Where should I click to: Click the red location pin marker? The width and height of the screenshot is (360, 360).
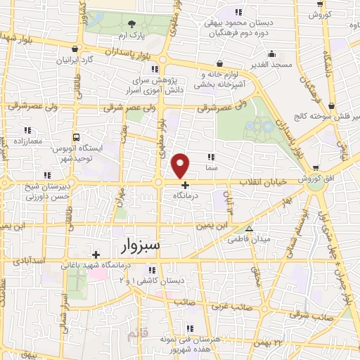pos(181,165)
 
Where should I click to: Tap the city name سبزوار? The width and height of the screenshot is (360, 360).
pos(136,245)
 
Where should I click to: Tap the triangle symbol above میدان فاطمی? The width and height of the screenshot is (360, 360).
pos(249,229)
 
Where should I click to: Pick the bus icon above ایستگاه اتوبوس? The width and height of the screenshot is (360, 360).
pos(76,138)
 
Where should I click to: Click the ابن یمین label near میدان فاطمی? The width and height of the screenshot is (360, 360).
pos(214,226)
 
